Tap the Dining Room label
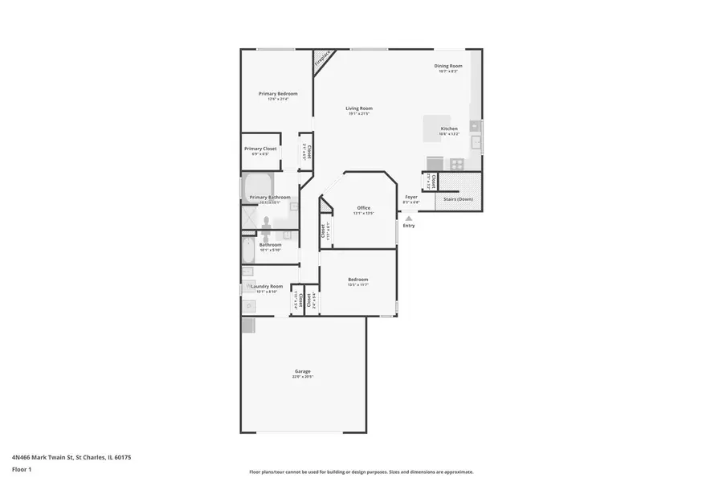[x=448, y=66]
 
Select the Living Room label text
[x=359, y=108]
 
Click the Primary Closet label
[x=260, y=149]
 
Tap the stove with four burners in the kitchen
[x=456, y=164]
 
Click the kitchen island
[x=438, y=129]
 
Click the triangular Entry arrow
[x=409, y=218]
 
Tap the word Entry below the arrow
[x=409, y=226]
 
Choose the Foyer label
[x=411, y=197]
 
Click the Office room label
[x=364, y=208]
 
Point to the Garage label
[x=303, y=371]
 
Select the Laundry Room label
[x=267, y=286]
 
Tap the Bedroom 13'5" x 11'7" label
[x=357, y=280]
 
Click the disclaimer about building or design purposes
[x=361, y=472]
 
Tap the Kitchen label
[x=449, y=129]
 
